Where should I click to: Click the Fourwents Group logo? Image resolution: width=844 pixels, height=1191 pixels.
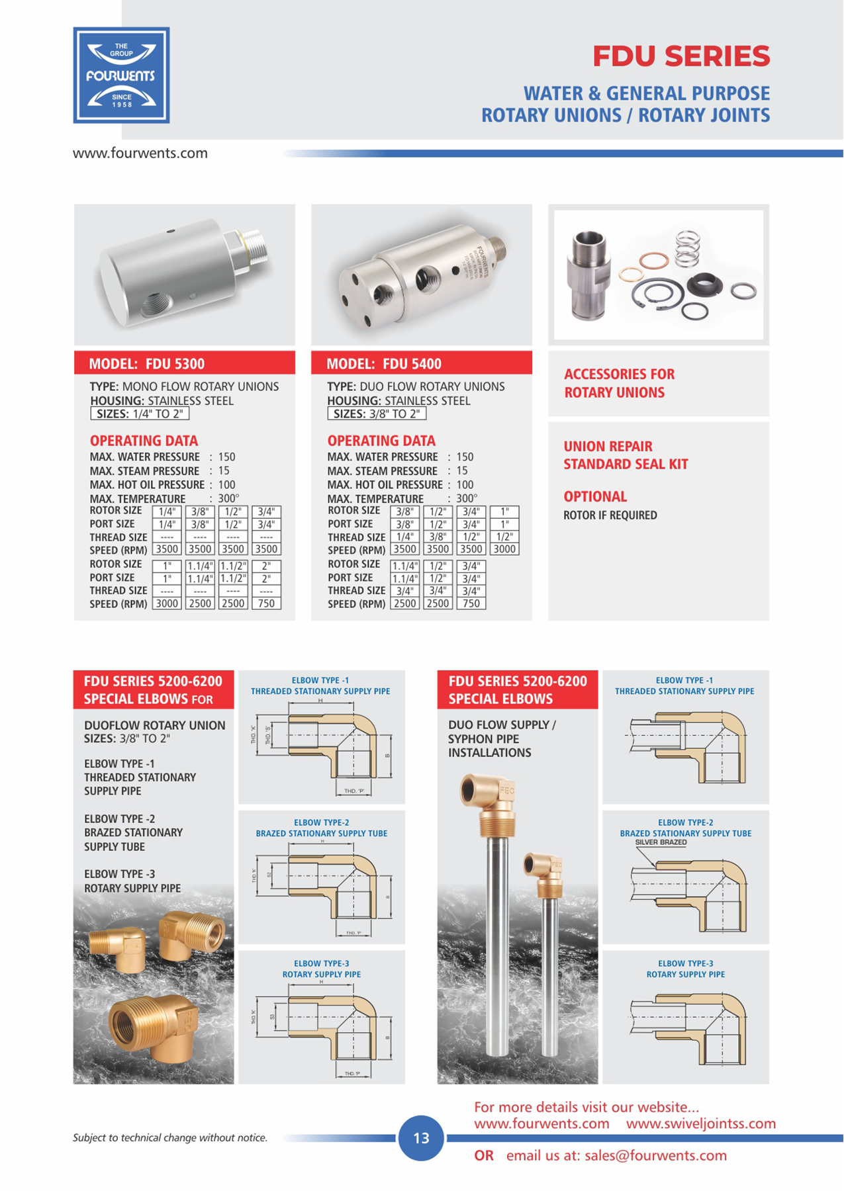pyautogui.click(x=121, y=75)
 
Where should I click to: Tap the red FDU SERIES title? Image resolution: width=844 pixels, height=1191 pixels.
pyautogui.click(x=681, y=56)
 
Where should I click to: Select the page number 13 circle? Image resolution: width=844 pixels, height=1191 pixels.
pyautogui.click(x=421, y=1138)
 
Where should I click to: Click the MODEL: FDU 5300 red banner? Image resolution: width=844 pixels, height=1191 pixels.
pyautogui.click(x=184, y=363)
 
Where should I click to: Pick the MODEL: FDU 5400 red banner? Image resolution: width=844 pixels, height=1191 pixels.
pyautogui.click(x=421, y=363)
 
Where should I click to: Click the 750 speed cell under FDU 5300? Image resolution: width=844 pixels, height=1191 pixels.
pyautogui.click(x=266, y=603)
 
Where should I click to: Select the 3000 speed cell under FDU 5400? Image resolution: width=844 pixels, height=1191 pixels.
pyautogui.click(x=504, y=549)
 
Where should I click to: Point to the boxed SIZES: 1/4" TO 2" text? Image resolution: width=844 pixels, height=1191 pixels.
pyautogui.click(x=140, y=414)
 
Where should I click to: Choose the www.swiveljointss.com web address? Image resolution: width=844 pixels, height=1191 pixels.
pyautogui.click(x=700, y=1124)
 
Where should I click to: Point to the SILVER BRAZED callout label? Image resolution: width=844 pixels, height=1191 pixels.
pyautogui.click(x=661, y=842)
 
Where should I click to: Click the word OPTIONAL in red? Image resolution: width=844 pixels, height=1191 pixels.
pyautogui.click(x=595, y=496)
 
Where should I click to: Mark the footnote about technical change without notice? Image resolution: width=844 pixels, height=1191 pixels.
pyautogui.click(x=170, y=1138)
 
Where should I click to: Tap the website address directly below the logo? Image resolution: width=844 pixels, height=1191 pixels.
pyautogui.click(x=140, y=154)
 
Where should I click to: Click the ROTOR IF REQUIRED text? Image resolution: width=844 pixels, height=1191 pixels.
pyautogui.click(x=610, y=515)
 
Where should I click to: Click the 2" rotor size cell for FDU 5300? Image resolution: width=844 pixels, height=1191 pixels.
pyautogui.click(x=266, y=566)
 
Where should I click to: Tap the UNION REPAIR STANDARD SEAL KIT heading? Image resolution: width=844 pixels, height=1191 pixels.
pyautogui.click(x=626, y=455)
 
